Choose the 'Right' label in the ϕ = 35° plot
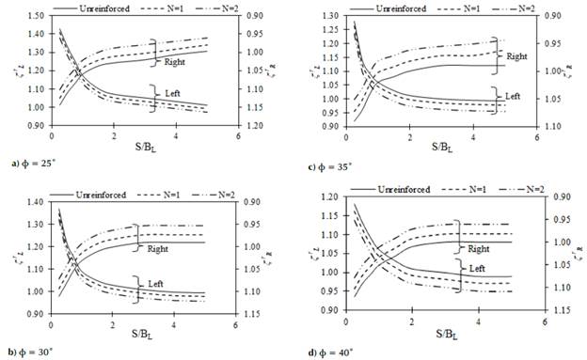click(516, 57)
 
